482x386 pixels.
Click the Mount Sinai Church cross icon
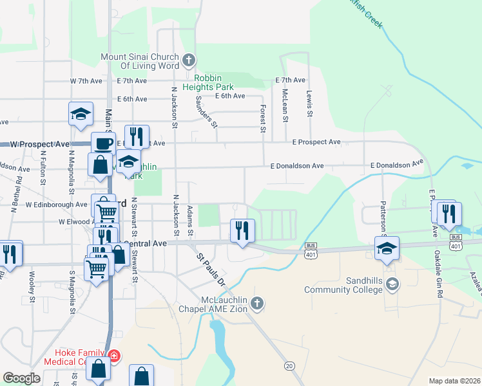[189, 61]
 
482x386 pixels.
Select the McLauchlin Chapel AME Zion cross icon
[257, 302]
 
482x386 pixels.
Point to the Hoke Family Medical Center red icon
[114, 356]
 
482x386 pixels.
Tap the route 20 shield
[289, 365]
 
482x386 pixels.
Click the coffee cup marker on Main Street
[102, 144]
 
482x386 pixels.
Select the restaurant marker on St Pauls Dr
[242, 231]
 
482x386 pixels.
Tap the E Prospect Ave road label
[316, 142]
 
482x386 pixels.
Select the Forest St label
[263, 120]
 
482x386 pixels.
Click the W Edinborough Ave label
[56, 205]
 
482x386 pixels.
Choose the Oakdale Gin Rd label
[438, 273]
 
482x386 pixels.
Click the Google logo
[21, 378]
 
